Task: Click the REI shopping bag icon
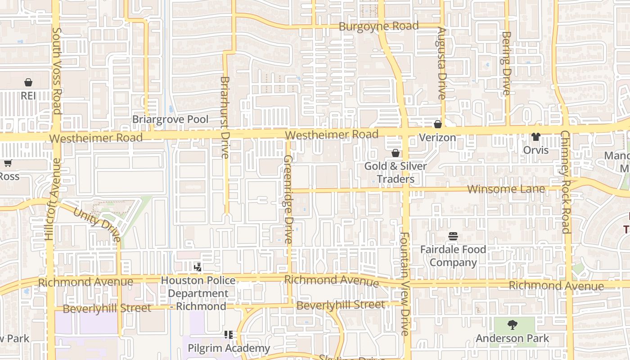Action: (28, 82)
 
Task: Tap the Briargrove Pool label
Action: (170, 119)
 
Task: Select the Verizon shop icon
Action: (437, 124)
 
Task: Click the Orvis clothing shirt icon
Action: (535, 137)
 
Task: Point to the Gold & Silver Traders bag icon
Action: (396, 153)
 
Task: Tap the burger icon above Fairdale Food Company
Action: (453, 236)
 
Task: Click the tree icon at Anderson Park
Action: (512, 324)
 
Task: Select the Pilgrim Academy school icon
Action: (229, 335)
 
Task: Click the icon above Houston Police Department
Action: (198, 267)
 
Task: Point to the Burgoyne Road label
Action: (378, 26)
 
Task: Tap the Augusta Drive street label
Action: (442, 63)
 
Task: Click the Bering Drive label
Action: (506, 63)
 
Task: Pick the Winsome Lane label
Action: (506, 189)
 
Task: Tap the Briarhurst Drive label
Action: (225, 117)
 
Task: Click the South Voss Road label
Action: (57, 71)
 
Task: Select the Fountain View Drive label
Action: (405, 283)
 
